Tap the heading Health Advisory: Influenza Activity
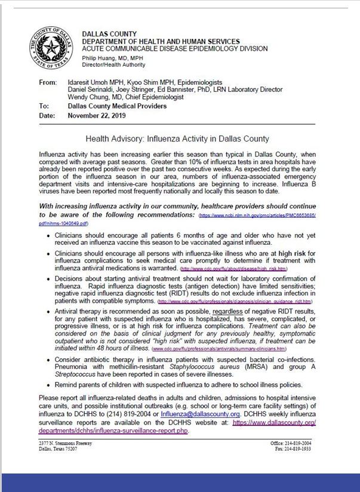(x=177, y=139)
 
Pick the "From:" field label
(x=47, y=82)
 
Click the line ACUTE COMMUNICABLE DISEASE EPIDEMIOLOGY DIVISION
(x=174, y=49)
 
